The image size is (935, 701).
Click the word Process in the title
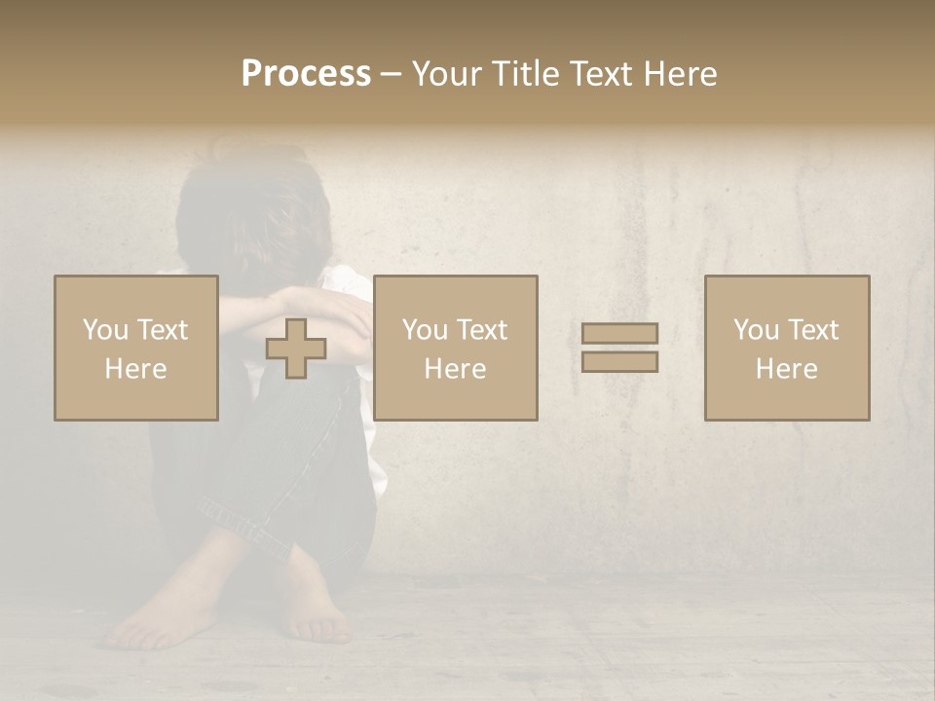pos(306,74)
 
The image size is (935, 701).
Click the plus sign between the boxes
pos(296,349)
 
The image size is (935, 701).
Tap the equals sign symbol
pos(619,348)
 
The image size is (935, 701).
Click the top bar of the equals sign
pos(619,334)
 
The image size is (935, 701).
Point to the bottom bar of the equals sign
pos(619,361)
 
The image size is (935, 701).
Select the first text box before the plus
pos(136,348)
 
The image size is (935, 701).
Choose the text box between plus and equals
pos(456,348)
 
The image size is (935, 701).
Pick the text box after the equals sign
pos(787,348)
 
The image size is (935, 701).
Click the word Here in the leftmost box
pos(136,368)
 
